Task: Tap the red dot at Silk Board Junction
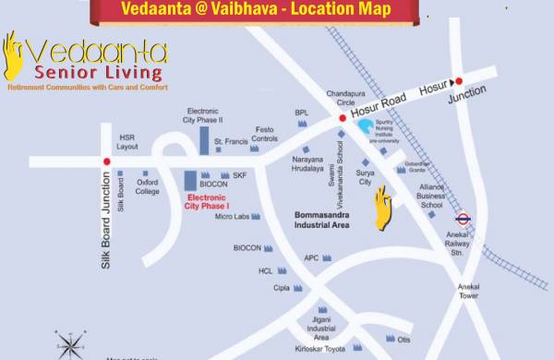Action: click(x=107, y=162)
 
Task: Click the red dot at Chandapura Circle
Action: click(x=342, y=118)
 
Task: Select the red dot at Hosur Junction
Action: click(x=458, y=82)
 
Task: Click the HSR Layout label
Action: click(x=127, y=142)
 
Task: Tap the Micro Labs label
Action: click(x=232, y=217)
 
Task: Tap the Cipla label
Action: click(x=281, y=288)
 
